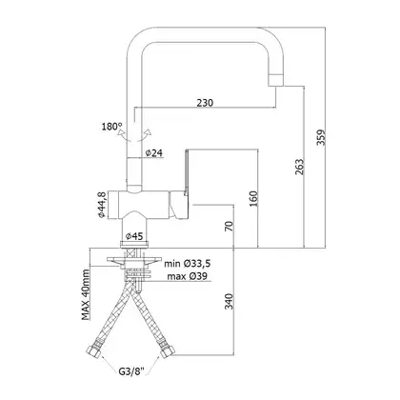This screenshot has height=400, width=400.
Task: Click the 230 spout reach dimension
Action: (x=205, y=103)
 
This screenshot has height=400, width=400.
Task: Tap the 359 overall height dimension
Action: (x=321, y=137)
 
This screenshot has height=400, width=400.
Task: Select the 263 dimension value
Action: (x=299, y=167)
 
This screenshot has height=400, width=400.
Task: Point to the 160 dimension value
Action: (x=254, y=198)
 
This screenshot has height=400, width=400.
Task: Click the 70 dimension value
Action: (x=229, y=226)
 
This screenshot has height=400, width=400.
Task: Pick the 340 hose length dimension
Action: (x=229, y=301)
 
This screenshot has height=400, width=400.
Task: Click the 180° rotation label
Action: (x=111, y=127)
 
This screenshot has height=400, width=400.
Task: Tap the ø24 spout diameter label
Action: (x=154, y=153)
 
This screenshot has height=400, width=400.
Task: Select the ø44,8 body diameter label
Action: (x=102, y=205)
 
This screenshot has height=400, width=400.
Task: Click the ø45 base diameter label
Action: (x=134, y=236)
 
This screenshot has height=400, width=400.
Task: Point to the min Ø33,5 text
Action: (x=188, y=263)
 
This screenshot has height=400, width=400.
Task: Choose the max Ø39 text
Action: (x=187, y=276)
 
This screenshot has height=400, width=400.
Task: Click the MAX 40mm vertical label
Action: (x=86, y=294)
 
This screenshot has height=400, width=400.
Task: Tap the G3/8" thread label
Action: (x=131, y=370)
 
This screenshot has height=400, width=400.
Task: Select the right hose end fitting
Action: (x=169, y=350)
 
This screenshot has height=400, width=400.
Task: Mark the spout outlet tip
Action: (x=276, y=80)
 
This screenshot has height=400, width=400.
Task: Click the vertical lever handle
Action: (x=187, y=171)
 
